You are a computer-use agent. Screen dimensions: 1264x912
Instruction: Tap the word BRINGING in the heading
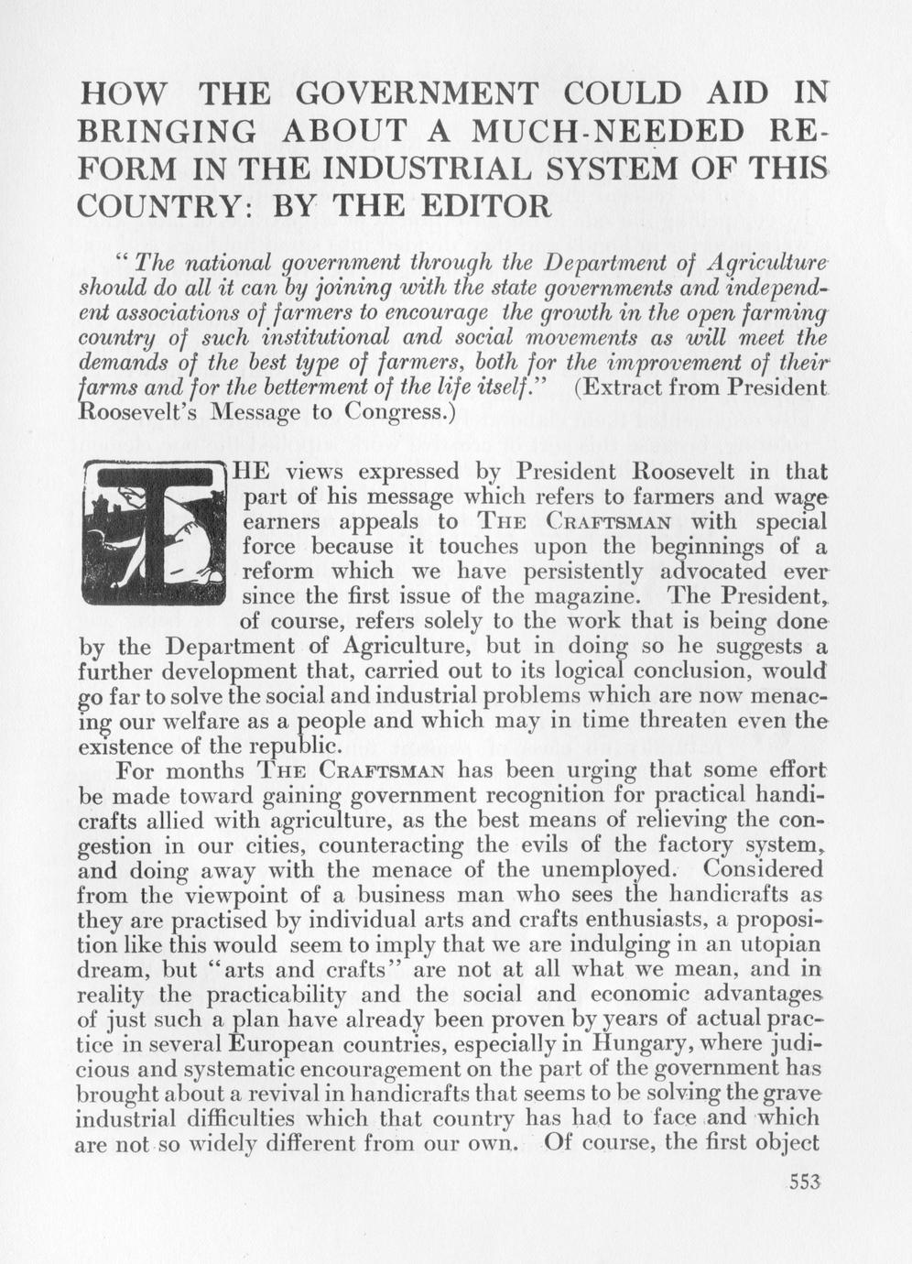(168, 133)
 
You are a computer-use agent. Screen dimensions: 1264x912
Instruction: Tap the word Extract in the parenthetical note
(622, 388)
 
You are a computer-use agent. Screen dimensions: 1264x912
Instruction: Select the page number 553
(804, 1181)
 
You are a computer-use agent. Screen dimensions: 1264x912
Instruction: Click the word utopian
(776, 944)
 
